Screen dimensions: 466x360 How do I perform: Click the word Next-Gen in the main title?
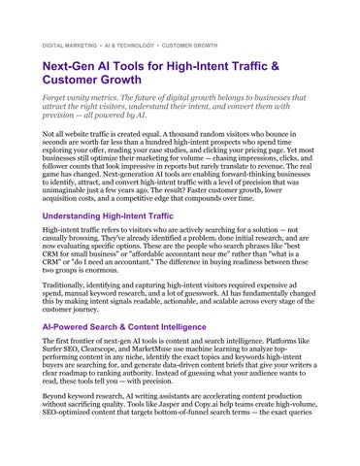coord(72,67)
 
